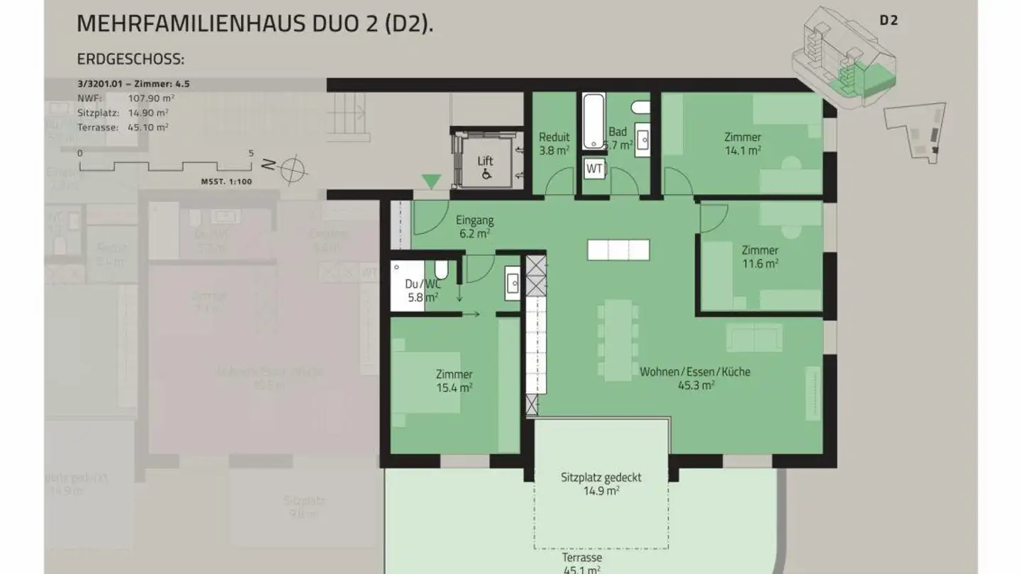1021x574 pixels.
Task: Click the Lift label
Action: coord(485,162)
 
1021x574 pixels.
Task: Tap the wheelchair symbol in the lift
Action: coord(486,174)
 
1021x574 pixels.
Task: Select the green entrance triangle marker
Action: coord(431,182)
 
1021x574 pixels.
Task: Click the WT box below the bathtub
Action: coord(593,169)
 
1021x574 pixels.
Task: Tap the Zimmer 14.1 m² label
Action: coord(742,143)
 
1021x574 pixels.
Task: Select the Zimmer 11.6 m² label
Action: coord(759,256)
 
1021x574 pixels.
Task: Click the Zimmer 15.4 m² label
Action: coord(454,381)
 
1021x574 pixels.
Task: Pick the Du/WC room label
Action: coord(423,291)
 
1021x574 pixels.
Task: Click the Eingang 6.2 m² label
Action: coord(475,226)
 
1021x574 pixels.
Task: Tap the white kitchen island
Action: coord(618,249)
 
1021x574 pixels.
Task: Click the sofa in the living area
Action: coord(754,337)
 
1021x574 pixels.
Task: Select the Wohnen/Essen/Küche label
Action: coord(695,378)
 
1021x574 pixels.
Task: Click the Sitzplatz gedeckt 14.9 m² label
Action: coord(601,483)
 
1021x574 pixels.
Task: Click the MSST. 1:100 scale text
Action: coord(227,181)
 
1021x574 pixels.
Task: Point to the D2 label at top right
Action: coord(888,21)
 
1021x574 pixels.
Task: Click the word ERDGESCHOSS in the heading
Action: coord(130,59)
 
